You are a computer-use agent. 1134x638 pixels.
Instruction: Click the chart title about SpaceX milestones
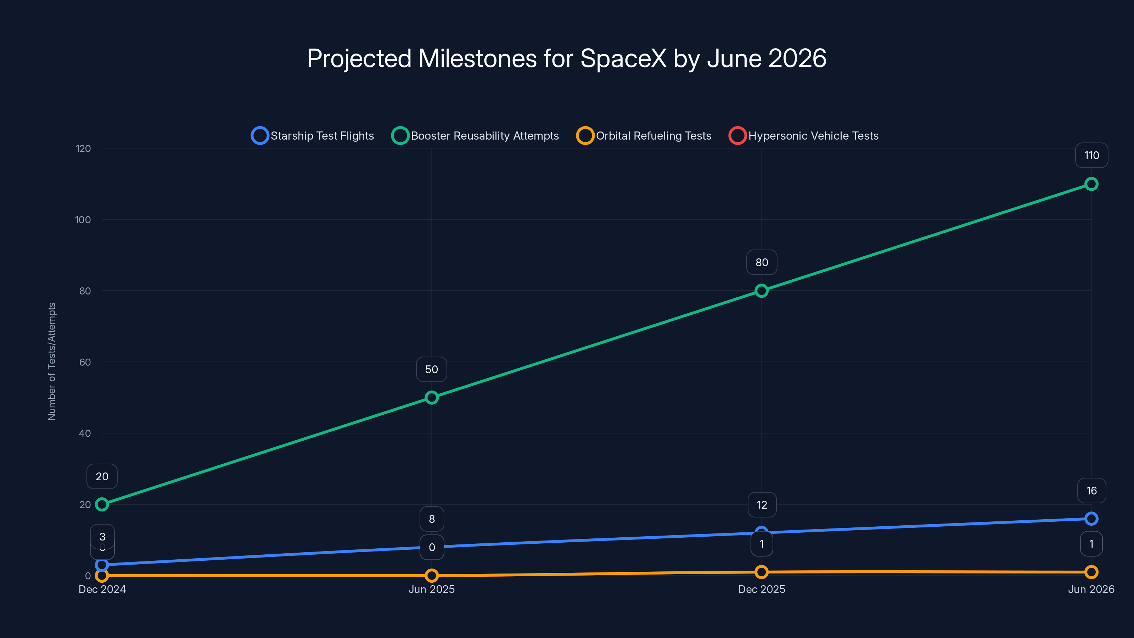point(567,58)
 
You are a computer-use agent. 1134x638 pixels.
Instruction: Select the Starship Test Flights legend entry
point(313,136)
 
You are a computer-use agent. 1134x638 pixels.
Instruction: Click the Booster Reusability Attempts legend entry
point(476,136)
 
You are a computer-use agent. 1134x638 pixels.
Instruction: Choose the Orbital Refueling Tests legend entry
point(644,136)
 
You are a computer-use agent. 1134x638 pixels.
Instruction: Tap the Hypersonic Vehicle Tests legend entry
point(804,136)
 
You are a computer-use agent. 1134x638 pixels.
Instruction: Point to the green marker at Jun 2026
point(1091,184)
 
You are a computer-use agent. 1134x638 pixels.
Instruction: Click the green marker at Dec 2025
point(762,291)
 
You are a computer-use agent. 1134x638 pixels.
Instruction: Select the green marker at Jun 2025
point(431,398)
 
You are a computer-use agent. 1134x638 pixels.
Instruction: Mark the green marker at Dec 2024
point(102,504)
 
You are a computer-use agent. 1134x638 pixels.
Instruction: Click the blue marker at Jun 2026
point(1091,519)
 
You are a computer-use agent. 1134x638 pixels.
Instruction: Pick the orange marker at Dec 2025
point(762,572)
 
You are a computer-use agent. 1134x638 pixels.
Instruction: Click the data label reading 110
point(1091,156)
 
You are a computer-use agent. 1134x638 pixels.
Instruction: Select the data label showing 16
point(1091,491)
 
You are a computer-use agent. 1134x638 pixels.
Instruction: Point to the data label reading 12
point(762,505)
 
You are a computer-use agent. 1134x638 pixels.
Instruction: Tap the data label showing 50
point(431,369)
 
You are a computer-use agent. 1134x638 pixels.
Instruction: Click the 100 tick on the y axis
point(83,220)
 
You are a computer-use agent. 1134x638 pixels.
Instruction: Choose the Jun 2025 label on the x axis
point(431,589)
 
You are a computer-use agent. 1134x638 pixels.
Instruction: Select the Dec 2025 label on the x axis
point(762,589)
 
